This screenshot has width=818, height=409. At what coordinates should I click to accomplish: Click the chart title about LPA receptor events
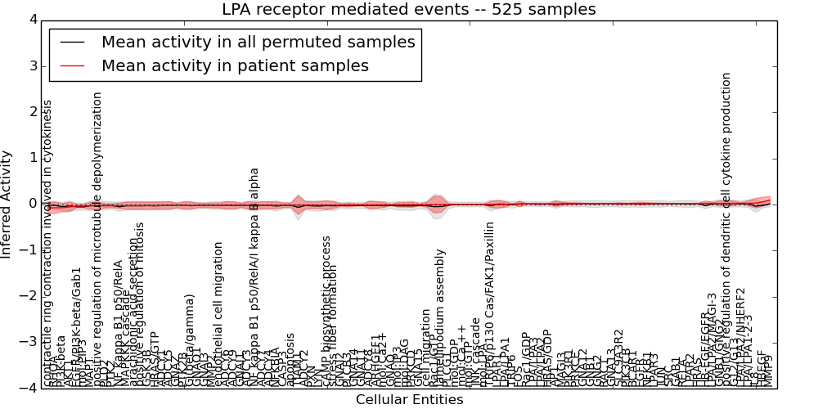408,9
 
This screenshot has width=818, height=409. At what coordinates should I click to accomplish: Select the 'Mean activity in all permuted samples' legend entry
258,42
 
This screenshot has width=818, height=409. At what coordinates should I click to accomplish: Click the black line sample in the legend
72,42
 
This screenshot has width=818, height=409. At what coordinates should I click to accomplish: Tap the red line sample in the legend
72,65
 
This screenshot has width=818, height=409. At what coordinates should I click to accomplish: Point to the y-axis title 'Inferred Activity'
7,204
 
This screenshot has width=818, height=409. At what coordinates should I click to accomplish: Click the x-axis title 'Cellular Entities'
409,400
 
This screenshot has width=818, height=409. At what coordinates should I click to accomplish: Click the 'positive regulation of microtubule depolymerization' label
97,237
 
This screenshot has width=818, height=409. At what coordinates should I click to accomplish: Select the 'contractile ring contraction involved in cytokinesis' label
47,243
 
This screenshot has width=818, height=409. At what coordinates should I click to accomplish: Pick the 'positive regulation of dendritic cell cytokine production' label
726,229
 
